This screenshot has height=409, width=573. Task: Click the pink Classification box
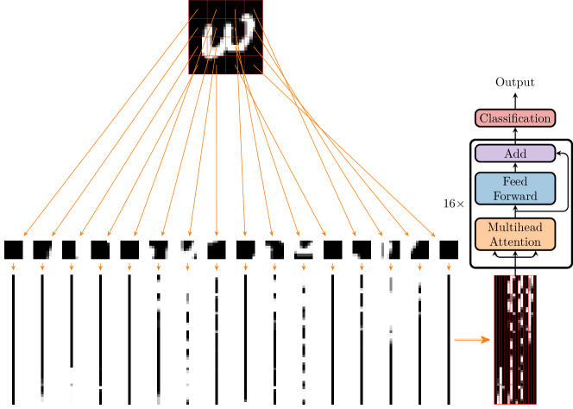point(514,118)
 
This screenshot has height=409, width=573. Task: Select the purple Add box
point(514,154)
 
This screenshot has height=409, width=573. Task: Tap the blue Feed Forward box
point(514,189)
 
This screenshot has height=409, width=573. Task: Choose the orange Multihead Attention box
point(514,235)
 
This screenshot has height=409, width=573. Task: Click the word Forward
point(514,196)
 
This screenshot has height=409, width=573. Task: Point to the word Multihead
point(514,228)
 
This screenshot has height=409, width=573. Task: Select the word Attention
point(514,242)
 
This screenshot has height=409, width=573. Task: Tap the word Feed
point(514,182)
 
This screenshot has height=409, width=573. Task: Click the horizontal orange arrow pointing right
point(472,340)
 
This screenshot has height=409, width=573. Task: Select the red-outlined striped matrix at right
point(515,339)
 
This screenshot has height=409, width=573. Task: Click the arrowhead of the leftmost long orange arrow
point(24,234)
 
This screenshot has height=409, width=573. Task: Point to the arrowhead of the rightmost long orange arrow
point(435,234)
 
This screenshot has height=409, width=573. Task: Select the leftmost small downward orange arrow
point(13,268)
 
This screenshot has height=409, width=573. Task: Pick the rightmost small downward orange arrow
point(449,268)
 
